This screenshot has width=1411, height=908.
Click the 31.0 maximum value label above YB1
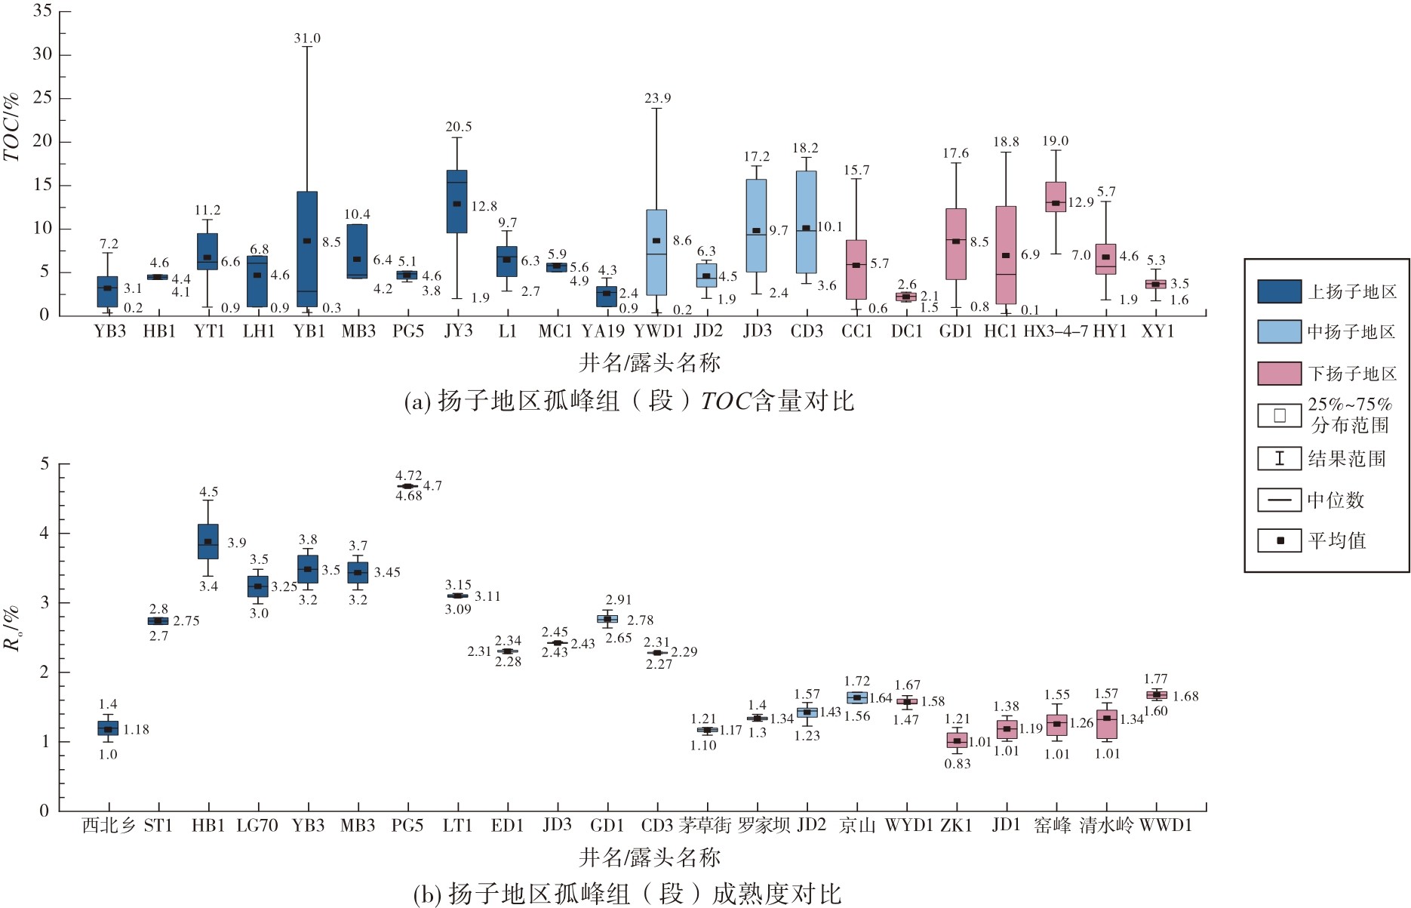(307, 38)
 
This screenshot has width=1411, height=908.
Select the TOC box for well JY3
(456, 202)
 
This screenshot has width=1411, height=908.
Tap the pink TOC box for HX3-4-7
(1056, 197)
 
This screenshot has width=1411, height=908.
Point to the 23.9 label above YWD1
(657, 98)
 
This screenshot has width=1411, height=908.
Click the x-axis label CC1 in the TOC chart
(856, 331)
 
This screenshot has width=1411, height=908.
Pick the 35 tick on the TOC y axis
(42, 11)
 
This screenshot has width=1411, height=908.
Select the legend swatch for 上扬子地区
(1279, 291)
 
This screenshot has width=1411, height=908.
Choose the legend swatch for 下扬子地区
(1279, 373)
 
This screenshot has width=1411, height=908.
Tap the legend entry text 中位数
(1336, 500)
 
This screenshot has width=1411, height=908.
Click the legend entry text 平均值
(1337, 540)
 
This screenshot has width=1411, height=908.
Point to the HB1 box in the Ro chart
(208, 541)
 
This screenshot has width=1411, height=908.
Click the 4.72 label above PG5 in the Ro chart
(409, 476)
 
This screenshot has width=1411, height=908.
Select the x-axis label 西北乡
(109, 826)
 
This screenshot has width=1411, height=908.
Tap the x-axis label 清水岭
(1106, 825)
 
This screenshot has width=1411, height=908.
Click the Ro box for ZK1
(957, 740)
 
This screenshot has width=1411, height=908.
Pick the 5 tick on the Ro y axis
(45, 463)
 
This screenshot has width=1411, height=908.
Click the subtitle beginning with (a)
(629, 400)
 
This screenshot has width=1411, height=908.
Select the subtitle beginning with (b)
(628, 894)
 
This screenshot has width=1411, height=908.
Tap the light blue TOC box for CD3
(806, 222)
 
